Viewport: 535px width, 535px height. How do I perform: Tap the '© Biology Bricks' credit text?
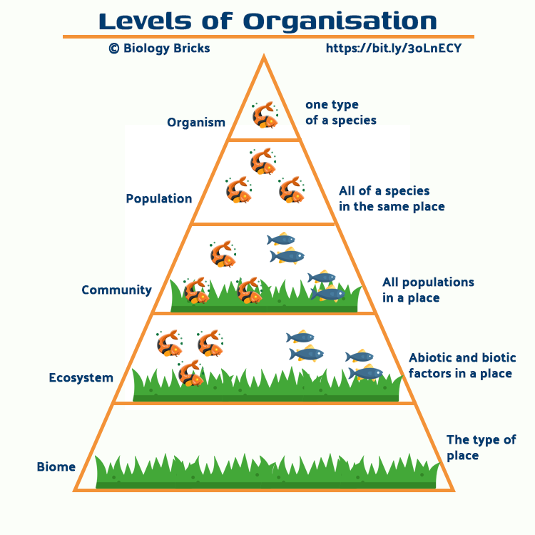(159, 49)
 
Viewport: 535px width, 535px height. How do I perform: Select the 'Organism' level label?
(196, 122)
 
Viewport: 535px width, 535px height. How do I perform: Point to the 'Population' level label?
(159, 198)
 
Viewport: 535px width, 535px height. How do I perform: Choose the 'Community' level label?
(116, 290)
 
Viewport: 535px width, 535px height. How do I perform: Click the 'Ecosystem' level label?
(81, 377)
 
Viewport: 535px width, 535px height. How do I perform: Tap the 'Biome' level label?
(56, 467)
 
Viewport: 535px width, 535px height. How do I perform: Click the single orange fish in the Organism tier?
(265, 114)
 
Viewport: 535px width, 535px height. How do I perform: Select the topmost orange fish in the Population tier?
(263, 161)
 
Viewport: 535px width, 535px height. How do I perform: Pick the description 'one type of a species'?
(341, 113)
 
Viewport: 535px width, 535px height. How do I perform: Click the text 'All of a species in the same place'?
(392, 198)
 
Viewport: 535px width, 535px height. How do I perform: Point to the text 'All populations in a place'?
(428, 290)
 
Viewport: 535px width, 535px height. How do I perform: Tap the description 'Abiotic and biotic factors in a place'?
(462, 365)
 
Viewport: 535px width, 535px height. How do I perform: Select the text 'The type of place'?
(481, 447)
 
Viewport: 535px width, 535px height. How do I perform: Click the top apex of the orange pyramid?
(265, 58)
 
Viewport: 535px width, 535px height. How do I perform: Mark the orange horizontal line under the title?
(268, 36)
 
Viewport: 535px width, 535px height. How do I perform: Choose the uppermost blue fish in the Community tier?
(281, 240)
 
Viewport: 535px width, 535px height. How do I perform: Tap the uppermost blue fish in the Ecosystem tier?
(300, 337)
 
